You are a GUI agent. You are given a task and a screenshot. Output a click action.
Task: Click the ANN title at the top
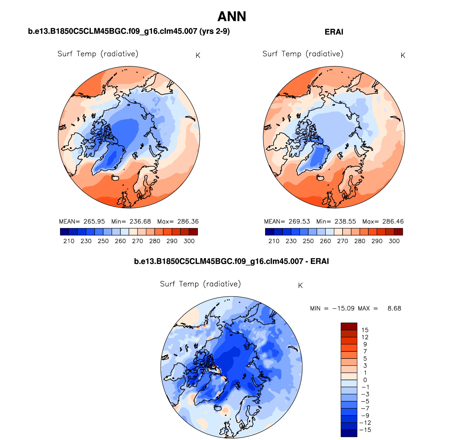[x=232, y=17]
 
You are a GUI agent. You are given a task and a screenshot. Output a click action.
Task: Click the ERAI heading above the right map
[x=334, y=32]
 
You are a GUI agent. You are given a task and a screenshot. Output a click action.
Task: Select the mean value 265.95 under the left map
[x=94, y=221]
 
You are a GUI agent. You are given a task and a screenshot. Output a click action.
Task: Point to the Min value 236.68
[x=140, y=221]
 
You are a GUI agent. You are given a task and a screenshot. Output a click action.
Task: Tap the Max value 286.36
[x=188, y=221]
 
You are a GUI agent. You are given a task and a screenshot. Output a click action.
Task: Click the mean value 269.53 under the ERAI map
[x=299, y=221]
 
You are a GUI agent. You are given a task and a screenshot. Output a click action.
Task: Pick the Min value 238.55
[x=345, y=221]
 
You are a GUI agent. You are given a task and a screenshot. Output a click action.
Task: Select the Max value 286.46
[x=393, y=221]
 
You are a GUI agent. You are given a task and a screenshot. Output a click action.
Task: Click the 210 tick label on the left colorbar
[x=69, y=241]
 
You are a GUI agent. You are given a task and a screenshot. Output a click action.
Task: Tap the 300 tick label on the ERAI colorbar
[x=394, y=241]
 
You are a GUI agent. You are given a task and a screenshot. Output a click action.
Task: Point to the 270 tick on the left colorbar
[x=138, y=241]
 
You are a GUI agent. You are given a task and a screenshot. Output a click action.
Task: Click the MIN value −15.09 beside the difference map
[x=343, y=308]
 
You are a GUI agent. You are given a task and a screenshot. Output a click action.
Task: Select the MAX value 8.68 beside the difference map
[x=394, y=308]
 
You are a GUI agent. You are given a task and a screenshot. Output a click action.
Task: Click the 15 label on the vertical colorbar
[x=365, y=330]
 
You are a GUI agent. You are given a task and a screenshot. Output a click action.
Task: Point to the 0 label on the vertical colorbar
[x=365, y=380]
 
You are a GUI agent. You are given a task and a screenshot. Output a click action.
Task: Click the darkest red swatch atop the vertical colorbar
[x=349, y=326]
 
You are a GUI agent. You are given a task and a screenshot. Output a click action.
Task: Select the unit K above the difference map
[x=300, y=286]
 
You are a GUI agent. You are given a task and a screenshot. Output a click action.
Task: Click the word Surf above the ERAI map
[x=270, y=54]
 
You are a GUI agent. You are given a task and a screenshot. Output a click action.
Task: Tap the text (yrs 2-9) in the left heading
[x=214, y=31]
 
